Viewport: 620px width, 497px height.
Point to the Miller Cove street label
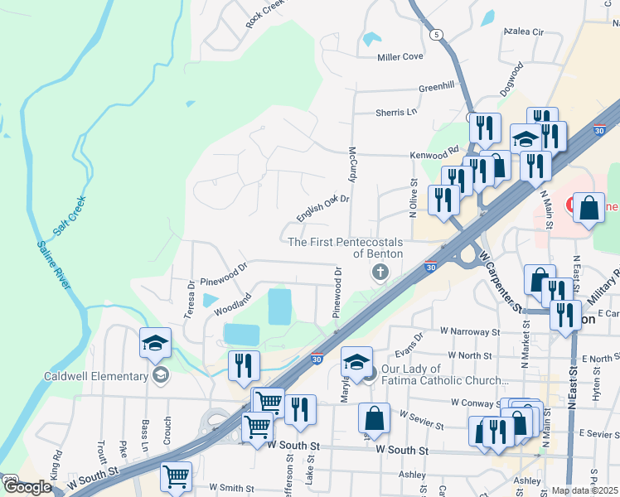tap(400, 57)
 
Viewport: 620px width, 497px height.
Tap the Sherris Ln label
tap(396, 113)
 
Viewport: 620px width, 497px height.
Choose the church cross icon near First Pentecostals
tap(380, 272)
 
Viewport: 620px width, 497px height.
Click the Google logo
tap(27, 487)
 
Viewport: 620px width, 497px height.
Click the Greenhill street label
tap(437, 86)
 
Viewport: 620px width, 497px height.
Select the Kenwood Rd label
tap(434, 154)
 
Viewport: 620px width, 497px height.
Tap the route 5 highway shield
tap(437, 34)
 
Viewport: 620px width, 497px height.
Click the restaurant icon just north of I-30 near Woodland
tap(244, 365)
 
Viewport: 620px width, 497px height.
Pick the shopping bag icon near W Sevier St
tap(375, 419)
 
